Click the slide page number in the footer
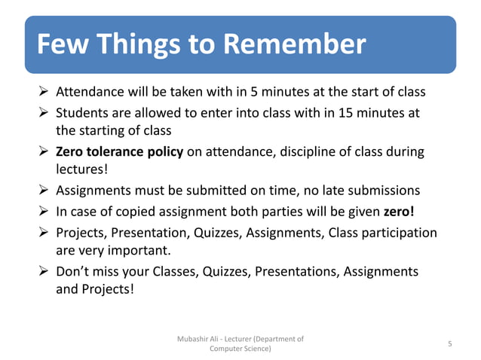click(449, 343)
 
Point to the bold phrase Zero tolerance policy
click(120, 152)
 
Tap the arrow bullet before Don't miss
click(44, 270)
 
